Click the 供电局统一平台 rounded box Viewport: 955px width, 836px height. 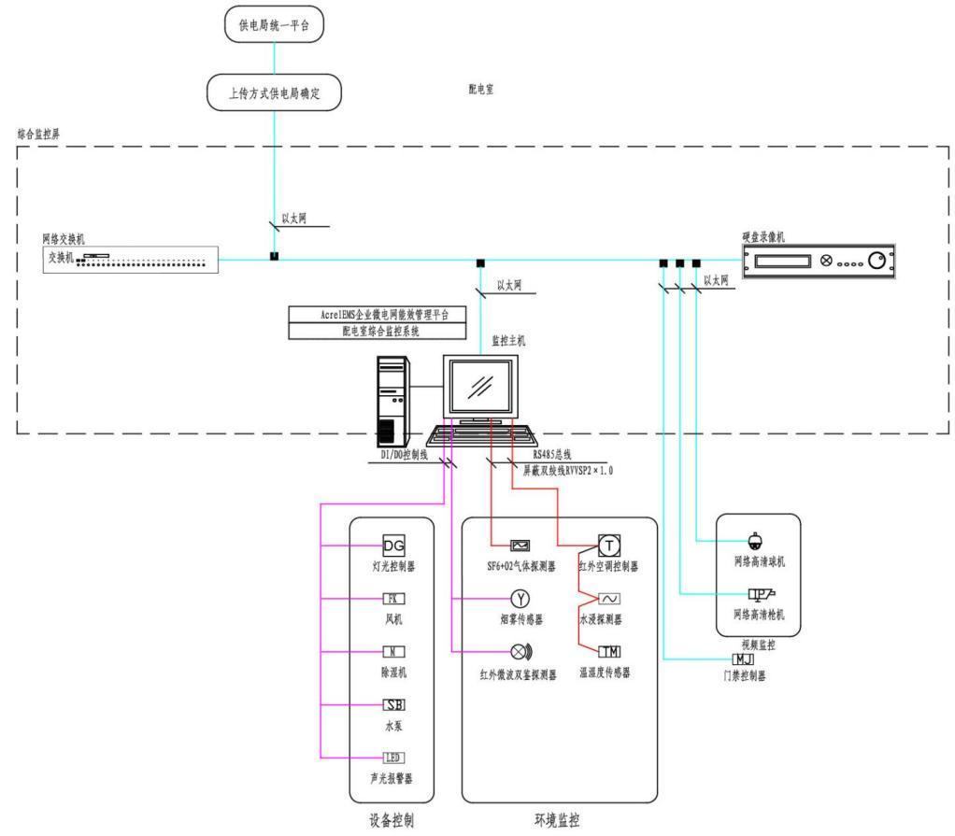(x=273, y=26)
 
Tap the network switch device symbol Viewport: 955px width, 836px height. (x=127, y=259)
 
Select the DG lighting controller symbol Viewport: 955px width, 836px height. (x=393, y=545)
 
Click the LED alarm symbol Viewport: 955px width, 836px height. (x=393, y=758)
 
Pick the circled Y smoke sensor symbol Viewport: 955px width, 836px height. (x=520, y=599)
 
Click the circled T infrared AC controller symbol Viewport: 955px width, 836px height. (x=608, y=545)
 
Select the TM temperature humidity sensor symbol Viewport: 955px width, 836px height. (x=608, y=651)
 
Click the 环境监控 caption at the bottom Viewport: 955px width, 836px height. (x=557, y=821)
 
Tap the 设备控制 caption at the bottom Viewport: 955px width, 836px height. (x=392, y=821)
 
